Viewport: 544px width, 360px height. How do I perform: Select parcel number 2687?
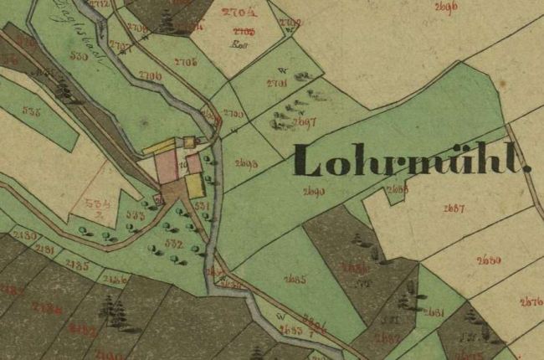coord(454,208)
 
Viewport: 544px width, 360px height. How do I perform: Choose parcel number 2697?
coord(305,122)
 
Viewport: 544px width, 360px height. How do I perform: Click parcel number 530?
coord(80,57)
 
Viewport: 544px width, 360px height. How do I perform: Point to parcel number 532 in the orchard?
coord(174,243)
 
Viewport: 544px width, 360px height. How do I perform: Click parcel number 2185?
coord(77,265)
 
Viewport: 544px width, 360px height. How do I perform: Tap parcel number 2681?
coord(433,312)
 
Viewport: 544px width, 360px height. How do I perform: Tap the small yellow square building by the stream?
coord(190,141)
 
